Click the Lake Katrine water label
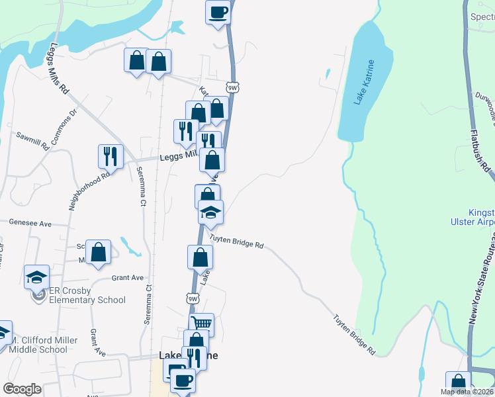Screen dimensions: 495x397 [x=365, y=82]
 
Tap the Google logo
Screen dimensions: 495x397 [x=22, y=389]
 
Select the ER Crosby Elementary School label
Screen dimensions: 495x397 [x=87, y=295]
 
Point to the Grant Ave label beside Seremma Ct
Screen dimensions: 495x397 [x=128, y=278]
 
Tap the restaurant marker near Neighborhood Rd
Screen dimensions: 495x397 [x=111, y=156]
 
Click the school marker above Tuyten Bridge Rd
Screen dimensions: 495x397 [x=211, y=212]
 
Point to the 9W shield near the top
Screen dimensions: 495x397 [x=232, y=87]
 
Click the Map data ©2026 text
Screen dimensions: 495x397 [x=467, y=392]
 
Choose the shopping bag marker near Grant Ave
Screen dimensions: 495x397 [x=98, y=251]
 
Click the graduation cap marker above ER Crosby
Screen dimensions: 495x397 [x=36, y=277]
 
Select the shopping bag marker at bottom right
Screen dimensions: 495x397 [x=458, y=382]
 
